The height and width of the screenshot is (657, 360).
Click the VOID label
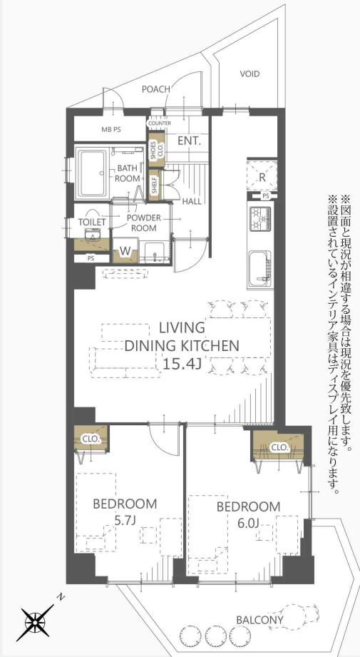(x=250, y=74)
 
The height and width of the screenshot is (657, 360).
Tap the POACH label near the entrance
(x=155, y=89)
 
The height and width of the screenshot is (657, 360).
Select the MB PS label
(x=111, y=129)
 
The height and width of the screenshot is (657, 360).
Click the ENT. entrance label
(x=190, y=141)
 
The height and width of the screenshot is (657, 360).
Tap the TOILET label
(x=92, y=222)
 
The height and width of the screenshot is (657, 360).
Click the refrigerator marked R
(x=262, y=176)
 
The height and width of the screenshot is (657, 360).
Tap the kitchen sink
(x=260, y=267)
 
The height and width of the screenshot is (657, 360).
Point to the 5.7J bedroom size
(x=125, y=520)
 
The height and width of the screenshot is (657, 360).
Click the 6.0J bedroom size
(x=248, y=522)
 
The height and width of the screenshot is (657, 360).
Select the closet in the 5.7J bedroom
(x=91, y=439)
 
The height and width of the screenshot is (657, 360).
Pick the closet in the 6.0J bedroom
(x=278, y=447)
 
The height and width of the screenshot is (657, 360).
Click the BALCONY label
(x=259, y=620)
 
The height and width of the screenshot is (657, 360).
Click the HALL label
(x=192, y=201)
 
